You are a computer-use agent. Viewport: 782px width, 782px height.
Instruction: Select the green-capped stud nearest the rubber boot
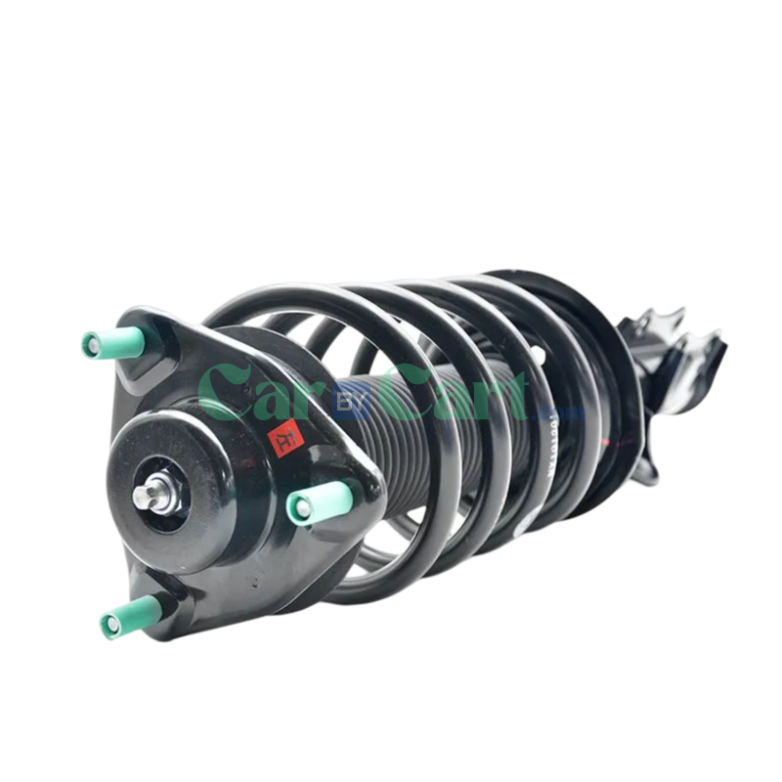(311, 501)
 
